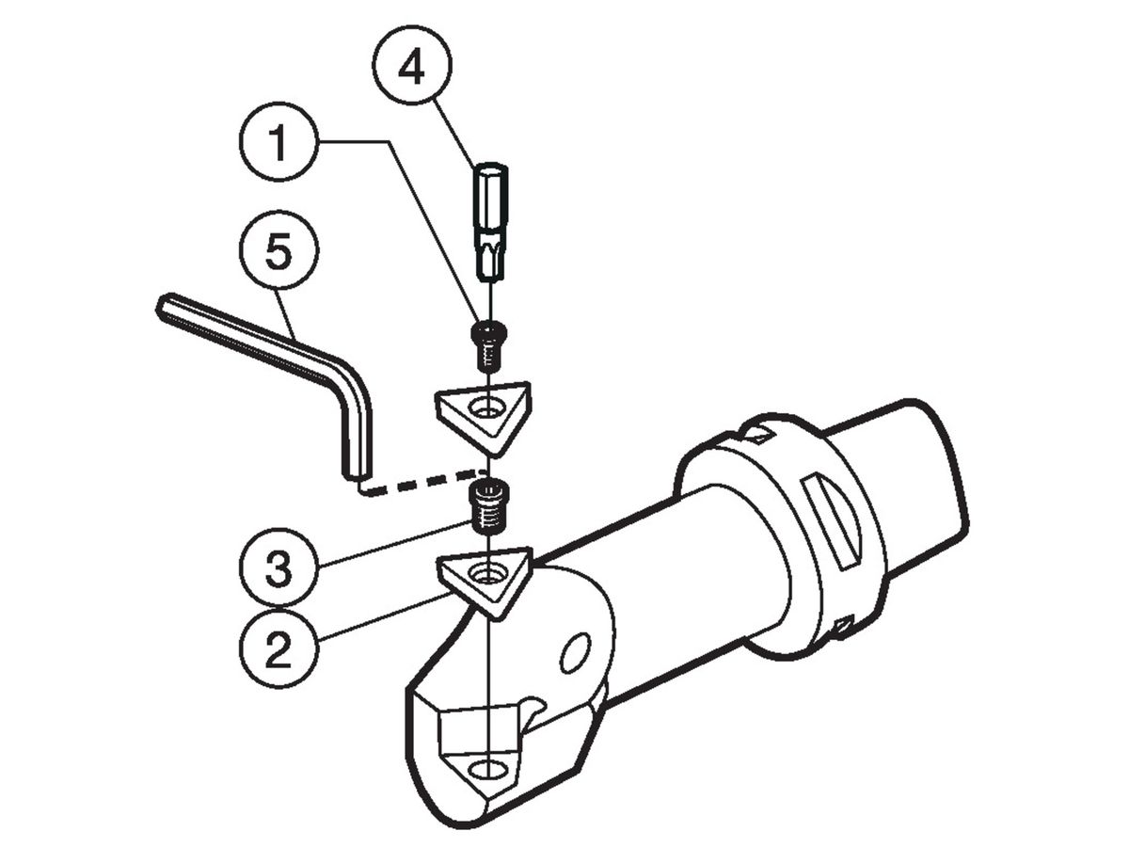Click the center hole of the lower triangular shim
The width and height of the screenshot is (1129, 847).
488,572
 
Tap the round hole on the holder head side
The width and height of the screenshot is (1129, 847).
573,651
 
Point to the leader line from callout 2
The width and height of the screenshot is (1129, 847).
376,622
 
